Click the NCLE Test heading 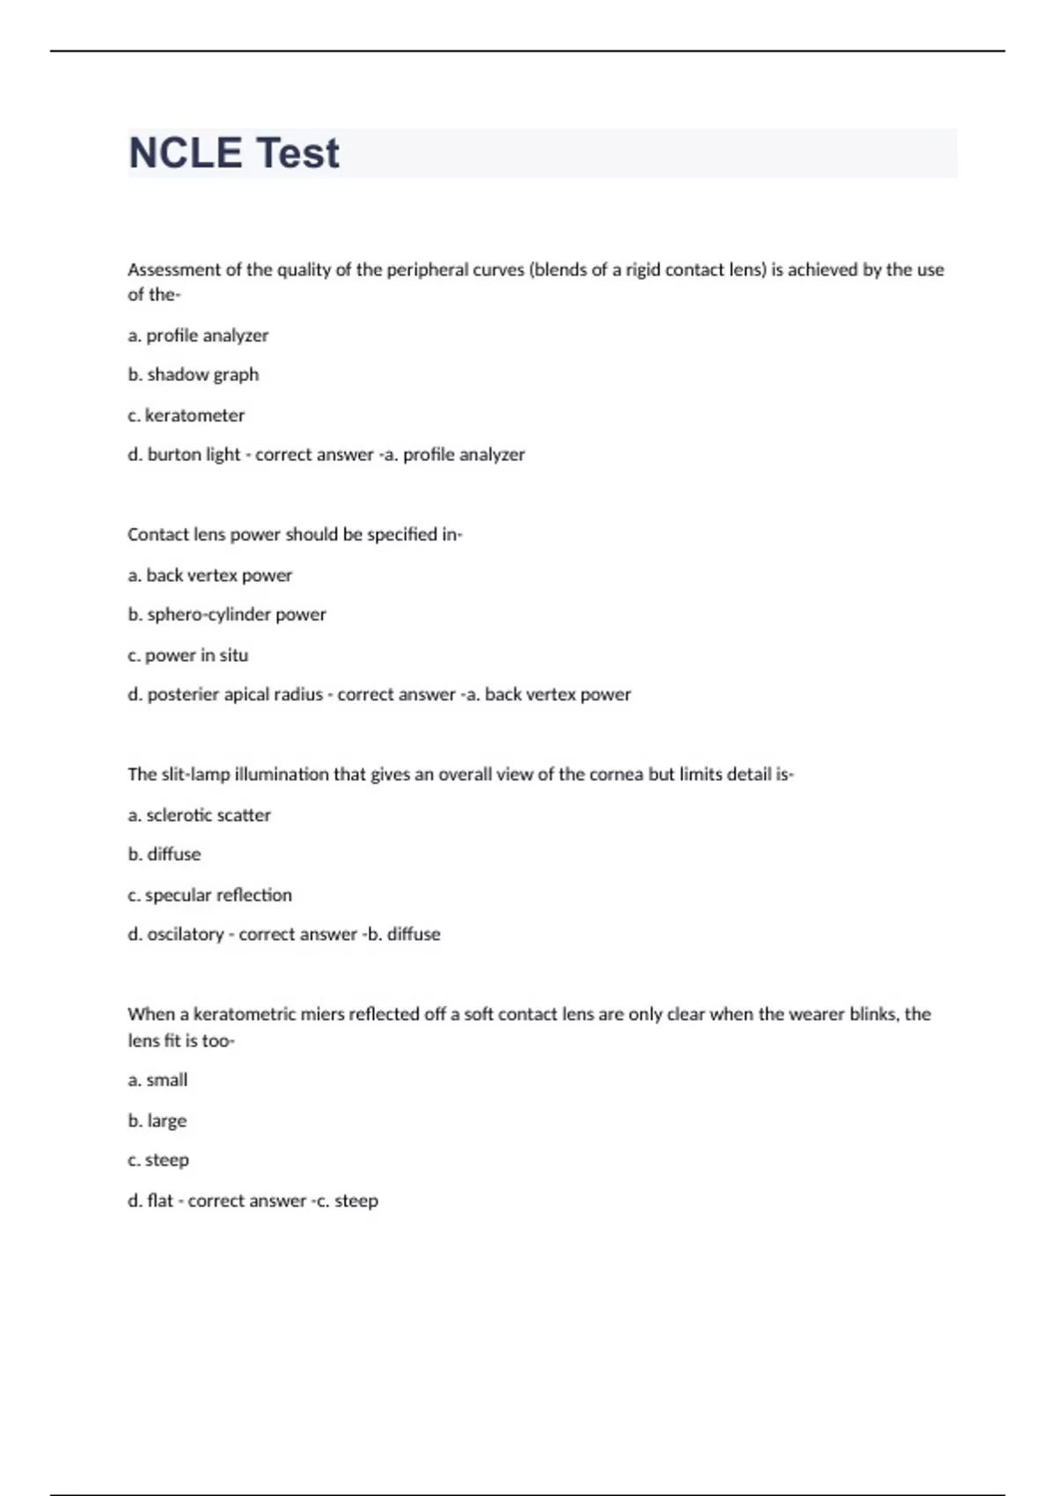[x=234, y=153]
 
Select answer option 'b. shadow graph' [x=194, y=375]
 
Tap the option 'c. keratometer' [x=187, y=415]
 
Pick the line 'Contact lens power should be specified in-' [x=295, y=535]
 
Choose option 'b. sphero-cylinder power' [x=227, y=615]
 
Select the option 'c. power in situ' [x=188, y=656]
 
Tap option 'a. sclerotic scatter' [x=200, y=816]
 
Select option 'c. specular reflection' [x=210, y=896]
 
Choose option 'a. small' [x=158, y=1081]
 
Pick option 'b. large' [x=158, y=1121]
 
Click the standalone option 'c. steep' [x=158, y=1161]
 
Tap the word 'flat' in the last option [x=160, y=1201]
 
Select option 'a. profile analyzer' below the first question [x=198, y=335]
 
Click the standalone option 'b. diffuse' [x=165, y=854]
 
